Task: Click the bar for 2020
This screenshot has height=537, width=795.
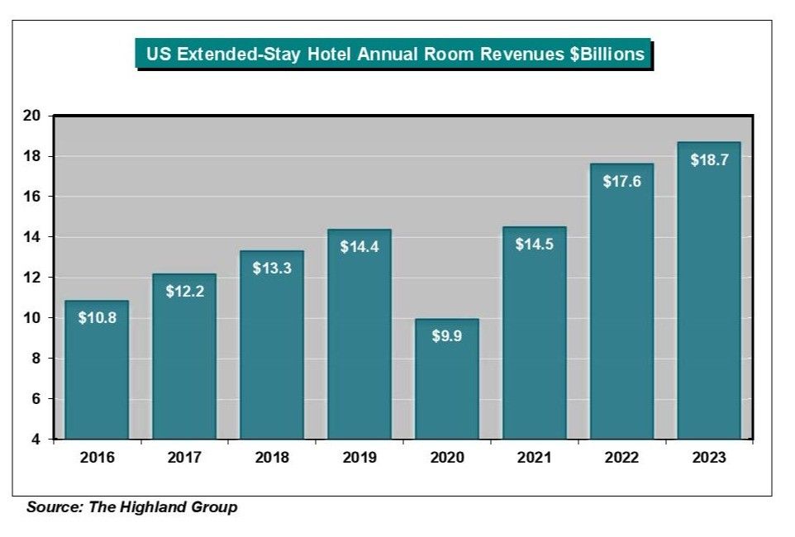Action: (x=446, y=380)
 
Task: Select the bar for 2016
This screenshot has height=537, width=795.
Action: (x=97, y=372)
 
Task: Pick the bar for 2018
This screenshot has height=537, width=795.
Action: (x=272, y=347)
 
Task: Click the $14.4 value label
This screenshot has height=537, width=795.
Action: (x=359, y=246)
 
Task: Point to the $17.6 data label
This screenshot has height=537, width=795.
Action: (x=621, y=181)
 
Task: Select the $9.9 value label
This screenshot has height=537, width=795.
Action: (x=446, y=335)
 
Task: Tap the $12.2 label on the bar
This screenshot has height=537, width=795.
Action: (x=184, y=291)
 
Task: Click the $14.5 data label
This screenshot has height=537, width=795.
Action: (x=534, y=245)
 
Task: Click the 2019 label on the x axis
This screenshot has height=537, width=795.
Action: (x=359, y=458)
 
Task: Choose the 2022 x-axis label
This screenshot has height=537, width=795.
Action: (x=621, y=458)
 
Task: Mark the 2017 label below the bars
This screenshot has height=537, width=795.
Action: (x=184, y=458)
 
